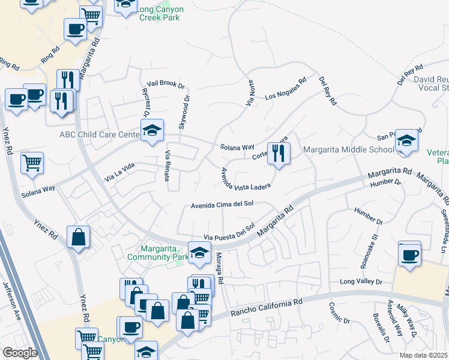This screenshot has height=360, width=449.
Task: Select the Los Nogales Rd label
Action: click(286, 88)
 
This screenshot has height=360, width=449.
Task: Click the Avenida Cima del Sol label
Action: click(221, 204)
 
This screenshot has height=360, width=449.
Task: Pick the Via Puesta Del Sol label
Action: click(229, 235)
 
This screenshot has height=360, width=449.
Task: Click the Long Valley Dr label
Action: click(361, 281)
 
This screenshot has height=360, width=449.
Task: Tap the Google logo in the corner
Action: click(19, 353)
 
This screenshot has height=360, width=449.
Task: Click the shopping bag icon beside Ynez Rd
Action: click(79, 238)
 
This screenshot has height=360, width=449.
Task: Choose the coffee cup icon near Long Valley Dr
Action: click(410, 254)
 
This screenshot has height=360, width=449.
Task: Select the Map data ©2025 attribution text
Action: click(423, 355)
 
